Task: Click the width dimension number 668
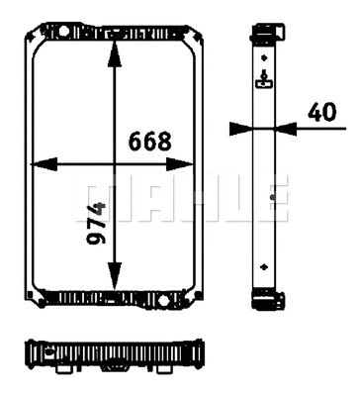150,141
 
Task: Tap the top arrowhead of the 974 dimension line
117,37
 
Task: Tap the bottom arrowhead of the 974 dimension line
117,284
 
